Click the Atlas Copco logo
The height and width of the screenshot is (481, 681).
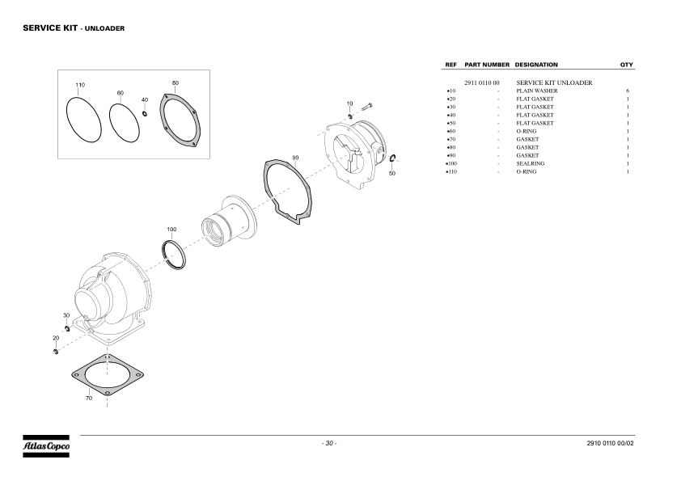point(46,446)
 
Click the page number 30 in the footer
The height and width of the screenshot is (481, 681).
point(329,443)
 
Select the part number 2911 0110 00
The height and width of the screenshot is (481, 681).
point(482,82)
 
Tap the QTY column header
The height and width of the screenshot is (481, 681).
point(627,65)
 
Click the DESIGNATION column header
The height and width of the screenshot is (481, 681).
point(536,65)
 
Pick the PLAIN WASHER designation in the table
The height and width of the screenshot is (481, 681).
point(537,91)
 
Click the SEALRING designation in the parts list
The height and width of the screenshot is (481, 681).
point(531,163)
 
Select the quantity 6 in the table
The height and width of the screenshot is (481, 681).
point(628,91)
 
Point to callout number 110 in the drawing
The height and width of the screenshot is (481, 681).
point(80,85)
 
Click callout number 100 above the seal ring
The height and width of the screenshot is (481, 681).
point(171,230)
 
